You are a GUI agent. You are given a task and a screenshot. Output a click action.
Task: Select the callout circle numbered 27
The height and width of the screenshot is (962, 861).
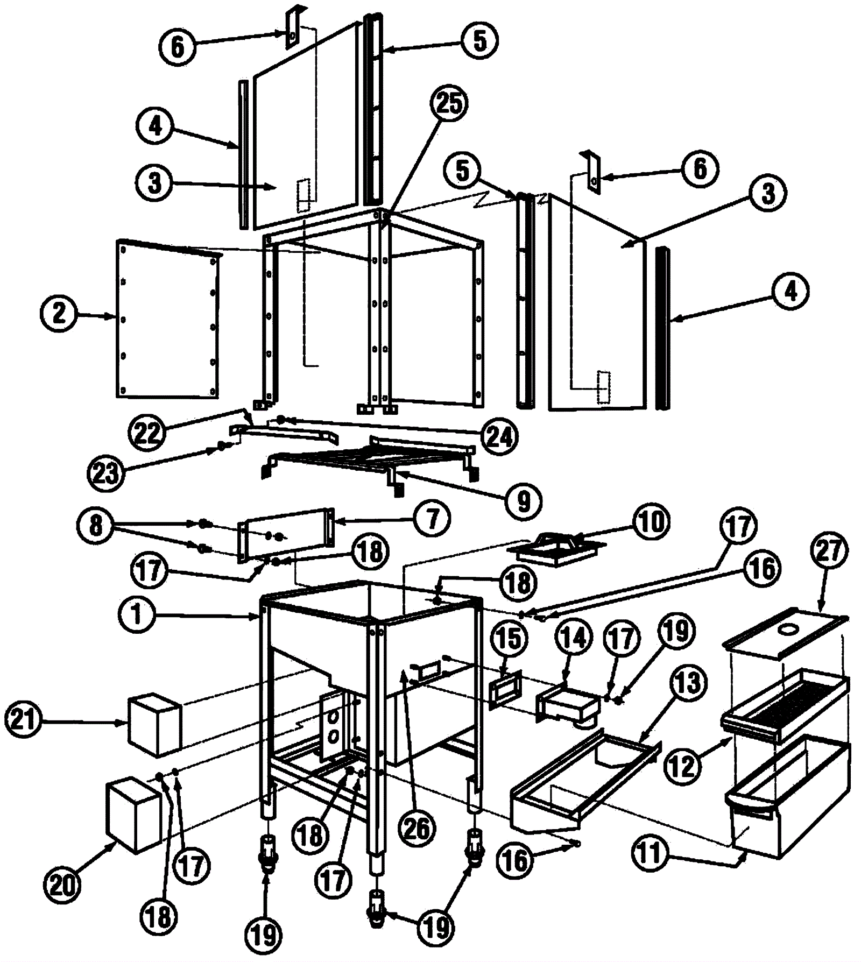click(x=829, y=550)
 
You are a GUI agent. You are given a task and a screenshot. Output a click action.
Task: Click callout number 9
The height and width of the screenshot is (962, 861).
click(x=523, y=501)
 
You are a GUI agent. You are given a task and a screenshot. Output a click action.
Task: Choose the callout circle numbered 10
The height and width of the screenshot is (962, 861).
click(x=651, y=521)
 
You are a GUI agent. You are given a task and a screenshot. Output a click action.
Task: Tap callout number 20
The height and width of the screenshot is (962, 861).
click(x=62, y=883)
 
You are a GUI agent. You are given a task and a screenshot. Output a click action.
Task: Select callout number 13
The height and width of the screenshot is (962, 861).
click(x=688, y=684)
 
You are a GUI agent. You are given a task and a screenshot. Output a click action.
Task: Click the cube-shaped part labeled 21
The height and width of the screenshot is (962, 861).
click(x=154, y=724)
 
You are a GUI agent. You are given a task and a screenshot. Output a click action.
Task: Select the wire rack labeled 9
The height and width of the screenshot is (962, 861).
click(x=371, y=457)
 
